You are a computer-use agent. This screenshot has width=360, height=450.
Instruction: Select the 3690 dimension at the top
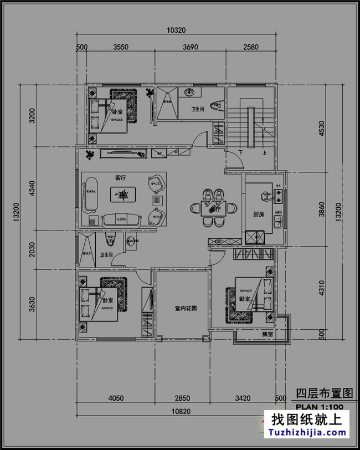pos(190,47)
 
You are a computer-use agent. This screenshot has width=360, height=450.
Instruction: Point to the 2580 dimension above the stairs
pos(251,47)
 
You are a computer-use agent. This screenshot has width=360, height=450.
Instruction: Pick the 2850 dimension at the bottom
pos(182,398)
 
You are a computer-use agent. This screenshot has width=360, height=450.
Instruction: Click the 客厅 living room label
pos(121,178)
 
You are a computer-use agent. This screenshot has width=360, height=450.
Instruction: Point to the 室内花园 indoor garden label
pos(183,308)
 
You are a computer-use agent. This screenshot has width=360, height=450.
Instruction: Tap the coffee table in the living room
pos(121,194)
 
